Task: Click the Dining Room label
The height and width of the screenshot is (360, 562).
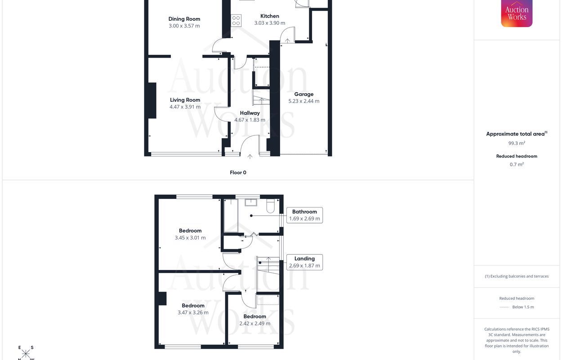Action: pos(184,19)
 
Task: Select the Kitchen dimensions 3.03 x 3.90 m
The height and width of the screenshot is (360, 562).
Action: pos(270,23)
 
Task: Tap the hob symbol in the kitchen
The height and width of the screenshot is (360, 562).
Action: pos(236,21)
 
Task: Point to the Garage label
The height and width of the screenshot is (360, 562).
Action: pos(304,94)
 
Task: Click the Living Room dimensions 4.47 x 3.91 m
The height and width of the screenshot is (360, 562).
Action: pos(185,107)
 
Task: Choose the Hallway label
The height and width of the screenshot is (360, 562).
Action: pos(250,113)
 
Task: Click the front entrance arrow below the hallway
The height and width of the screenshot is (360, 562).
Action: pos(250,157)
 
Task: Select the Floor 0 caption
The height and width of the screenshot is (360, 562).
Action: pos(238,172)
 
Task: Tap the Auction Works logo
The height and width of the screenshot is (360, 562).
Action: pos(517,13)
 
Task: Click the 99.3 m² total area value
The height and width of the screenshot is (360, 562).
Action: pos(517,143)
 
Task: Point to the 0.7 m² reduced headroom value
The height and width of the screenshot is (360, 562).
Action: pos(517,164)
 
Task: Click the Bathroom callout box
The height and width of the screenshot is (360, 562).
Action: pos(304,215)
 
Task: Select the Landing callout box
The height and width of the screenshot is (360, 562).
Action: pos(304,262)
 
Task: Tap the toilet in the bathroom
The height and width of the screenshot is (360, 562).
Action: pos(271,206)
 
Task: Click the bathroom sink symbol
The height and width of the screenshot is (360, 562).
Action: pos(251,202)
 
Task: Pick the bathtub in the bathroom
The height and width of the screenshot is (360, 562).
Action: pos(231,215)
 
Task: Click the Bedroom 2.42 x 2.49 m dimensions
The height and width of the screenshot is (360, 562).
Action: pos(255,323)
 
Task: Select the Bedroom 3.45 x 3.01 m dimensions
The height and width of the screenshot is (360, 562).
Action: pos(190,238)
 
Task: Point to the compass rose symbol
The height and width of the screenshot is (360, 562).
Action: pos(26,353)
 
